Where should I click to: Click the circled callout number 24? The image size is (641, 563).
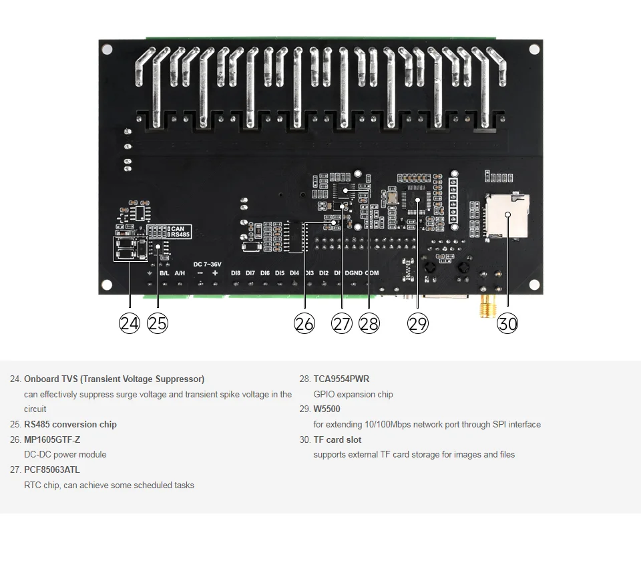click(129, 324)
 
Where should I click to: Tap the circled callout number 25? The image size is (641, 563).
click(158, 324)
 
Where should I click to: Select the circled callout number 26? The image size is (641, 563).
click(304, 324)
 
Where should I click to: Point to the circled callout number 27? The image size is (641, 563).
click(342, 324)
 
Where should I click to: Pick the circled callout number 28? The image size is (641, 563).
click(369, 324)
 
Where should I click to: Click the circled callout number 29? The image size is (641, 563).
click(418, 324)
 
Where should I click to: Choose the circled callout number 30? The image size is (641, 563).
click(507, 324)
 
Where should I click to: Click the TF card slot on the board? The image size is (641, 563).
click(505, 216)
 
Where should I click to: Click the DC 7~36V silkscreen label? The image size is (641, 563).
click(207, 264)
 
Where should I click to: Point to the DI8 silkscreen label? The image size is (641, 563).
click(236, 273)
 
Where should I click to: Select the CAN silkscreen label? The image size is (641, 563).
click(178, 229)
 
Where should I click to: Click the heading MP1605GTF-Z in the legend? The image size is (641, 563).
click(51, 439)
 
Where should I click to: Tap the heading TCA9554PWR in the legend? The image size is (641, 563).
click(341, 379)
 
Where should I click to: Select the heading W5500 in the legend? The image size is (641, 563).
click(327, 409)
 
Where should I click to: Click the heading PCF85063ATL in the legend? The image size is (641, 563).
click(51, 470)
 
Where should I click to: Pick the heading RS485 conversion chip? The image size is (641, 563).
click(70, 424)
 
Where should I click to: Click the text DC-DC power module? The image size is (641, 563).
click(65, 454)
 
